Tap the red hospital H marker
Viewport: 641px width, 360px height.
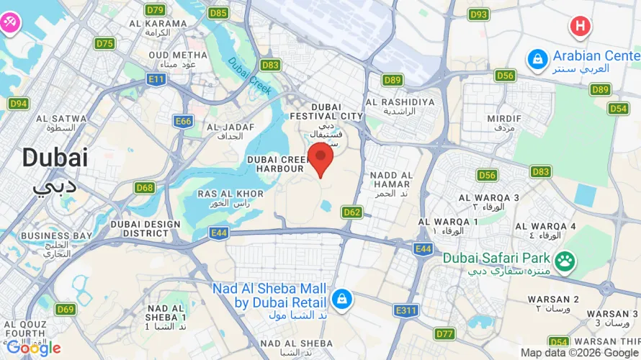tap(580, 27)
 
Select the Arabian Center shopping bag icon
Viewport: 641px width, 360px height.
tap(537, 60)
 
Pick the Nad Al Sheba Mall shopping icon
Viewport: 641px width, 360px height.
tap(341, 298)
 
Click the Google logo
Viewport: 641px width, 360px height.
tap(33, 348)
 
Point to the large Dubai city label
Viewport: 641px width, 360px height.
tap(54, 158)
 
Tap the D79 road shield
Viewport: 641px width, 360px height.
tap(155, 9)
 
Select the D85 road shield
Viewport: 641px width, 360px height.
tap(218, 12)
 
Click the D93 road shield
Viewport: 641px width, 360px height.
tap(479, 14)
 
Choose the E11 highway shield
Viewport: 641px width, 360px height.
tap(156, 79)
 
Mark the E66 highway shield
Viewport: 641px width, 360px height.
tap(184, 122)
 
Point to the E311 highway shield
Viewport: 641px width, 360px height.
tap(407, 310)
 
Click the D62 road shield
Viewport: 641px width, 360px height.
tap(352, 212)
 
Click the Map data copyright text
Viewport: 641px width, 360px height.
tap(579, 353)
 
